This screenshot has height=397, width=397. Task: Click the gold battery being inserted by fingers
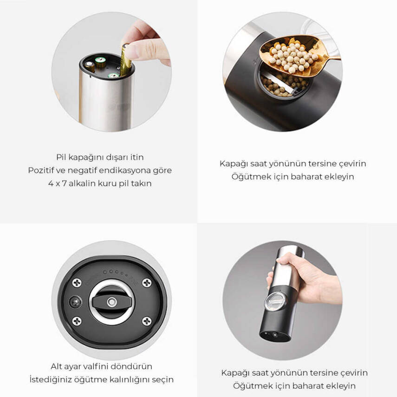pos(125,60)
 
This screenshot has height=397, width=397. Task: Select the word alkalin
pos(82,183)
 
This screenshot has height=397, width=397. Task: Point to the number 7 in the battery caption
pos(64,183)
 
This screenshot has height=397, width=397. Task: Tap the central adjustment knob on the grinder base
pos(111,302)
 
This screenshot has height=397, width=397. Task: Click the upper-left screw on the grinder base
pos(77,283)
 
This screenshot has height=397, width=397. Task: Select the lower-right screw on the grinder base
pos(147,321)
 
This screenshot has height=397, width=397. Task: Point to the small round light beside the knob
pos(75,302)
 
